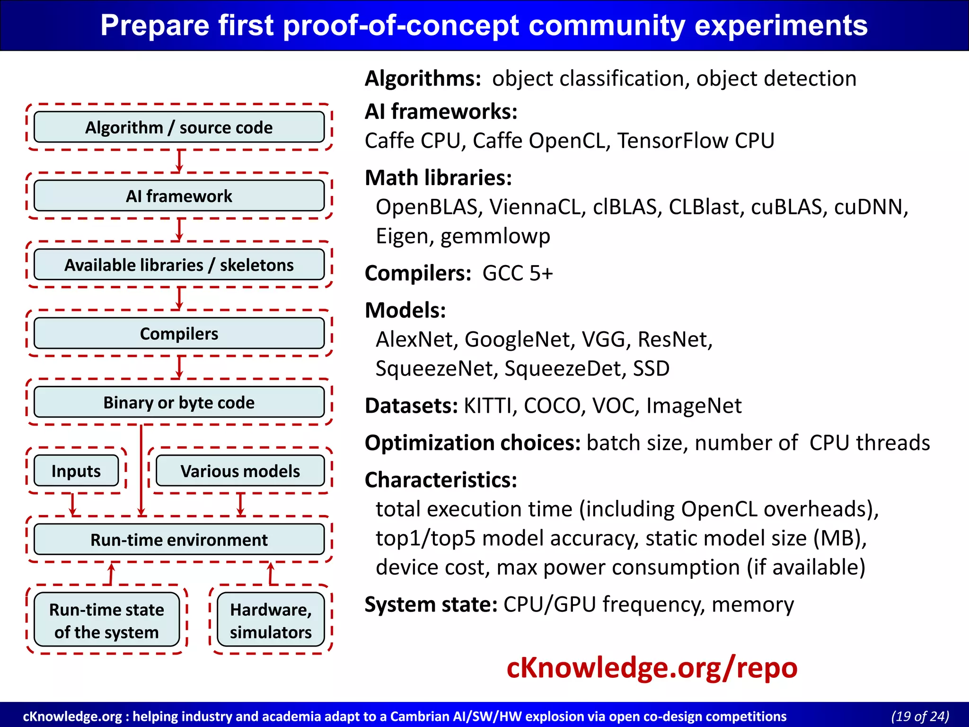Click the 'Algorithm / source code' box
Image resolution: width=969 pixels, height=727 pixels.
tap(179, 127)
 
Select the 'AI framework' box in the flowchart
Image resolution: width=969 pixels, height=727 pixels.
tap(179, 196)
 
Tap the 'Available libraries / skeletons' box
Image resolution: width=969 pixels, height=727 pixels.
tap(179, 265)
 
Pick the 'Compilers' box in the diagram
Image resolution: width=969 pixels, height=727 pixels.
tap(179, 334)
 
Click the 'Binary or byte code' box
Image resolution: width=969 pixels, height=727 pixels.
tap(179, 402)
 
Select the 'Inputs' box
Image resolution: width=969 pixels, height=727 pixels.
tap(76, 471)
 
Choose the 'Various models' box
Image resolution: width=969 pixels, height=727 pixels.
tap(240, 471)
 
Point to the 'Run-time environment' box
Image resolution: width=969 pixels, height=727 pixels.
tap(179, 540)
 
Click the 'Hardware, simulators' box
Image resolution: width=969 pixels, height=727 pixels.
tap(271, 620)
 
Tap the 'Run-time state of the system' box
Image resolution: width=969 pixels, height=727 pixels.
tap(106, 620)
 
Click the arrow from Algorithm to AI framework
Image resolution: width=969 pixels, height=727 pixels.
tap(179, 161)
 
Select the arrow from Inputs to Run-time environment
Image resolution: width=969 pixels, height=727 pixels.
tap(72, 505)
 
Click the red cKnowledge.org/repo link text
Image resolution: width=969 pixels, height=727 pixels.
tap(652, 668)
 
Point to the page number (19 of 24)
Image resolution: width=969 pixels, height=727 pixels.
tap(920, 716)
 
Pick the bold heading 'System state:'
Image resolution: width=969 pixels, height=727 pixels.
tap(431, 605)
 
